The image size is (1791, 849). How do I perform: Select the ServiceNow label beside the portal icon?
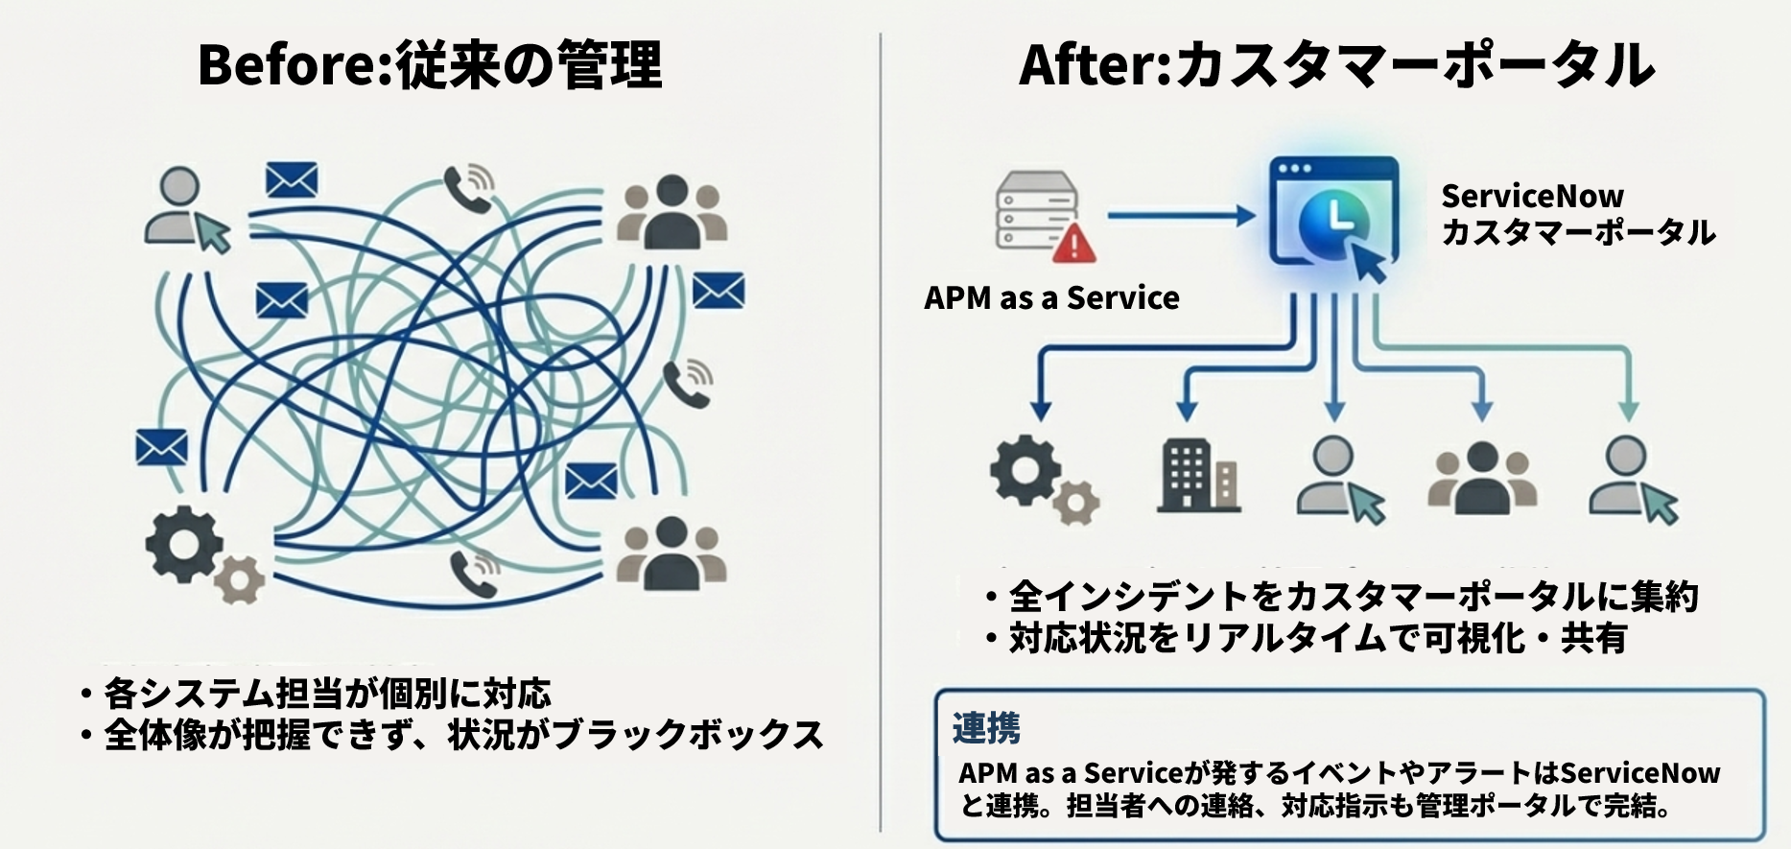point(1532,197)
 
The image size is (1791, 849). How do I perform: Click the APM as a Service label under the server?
point(1051,298)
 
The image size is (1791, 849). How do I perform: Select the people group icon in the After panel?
point(1482,477)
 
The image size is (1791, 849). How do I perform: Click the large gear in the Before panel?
point(184,544)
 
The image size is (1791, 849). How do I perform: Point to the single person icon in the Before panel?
point(182,206)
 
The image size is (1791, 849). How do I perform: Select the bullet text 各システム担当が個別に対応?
point(327,693)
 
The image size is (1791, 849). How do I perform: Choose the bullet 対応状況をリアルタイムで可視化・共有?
point(1317,638)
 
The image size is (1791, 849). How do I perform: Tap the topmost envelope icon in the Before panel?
point(292,179)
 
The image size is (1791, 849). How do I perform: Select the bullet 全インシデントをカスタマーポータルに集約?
point(1353,597)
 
